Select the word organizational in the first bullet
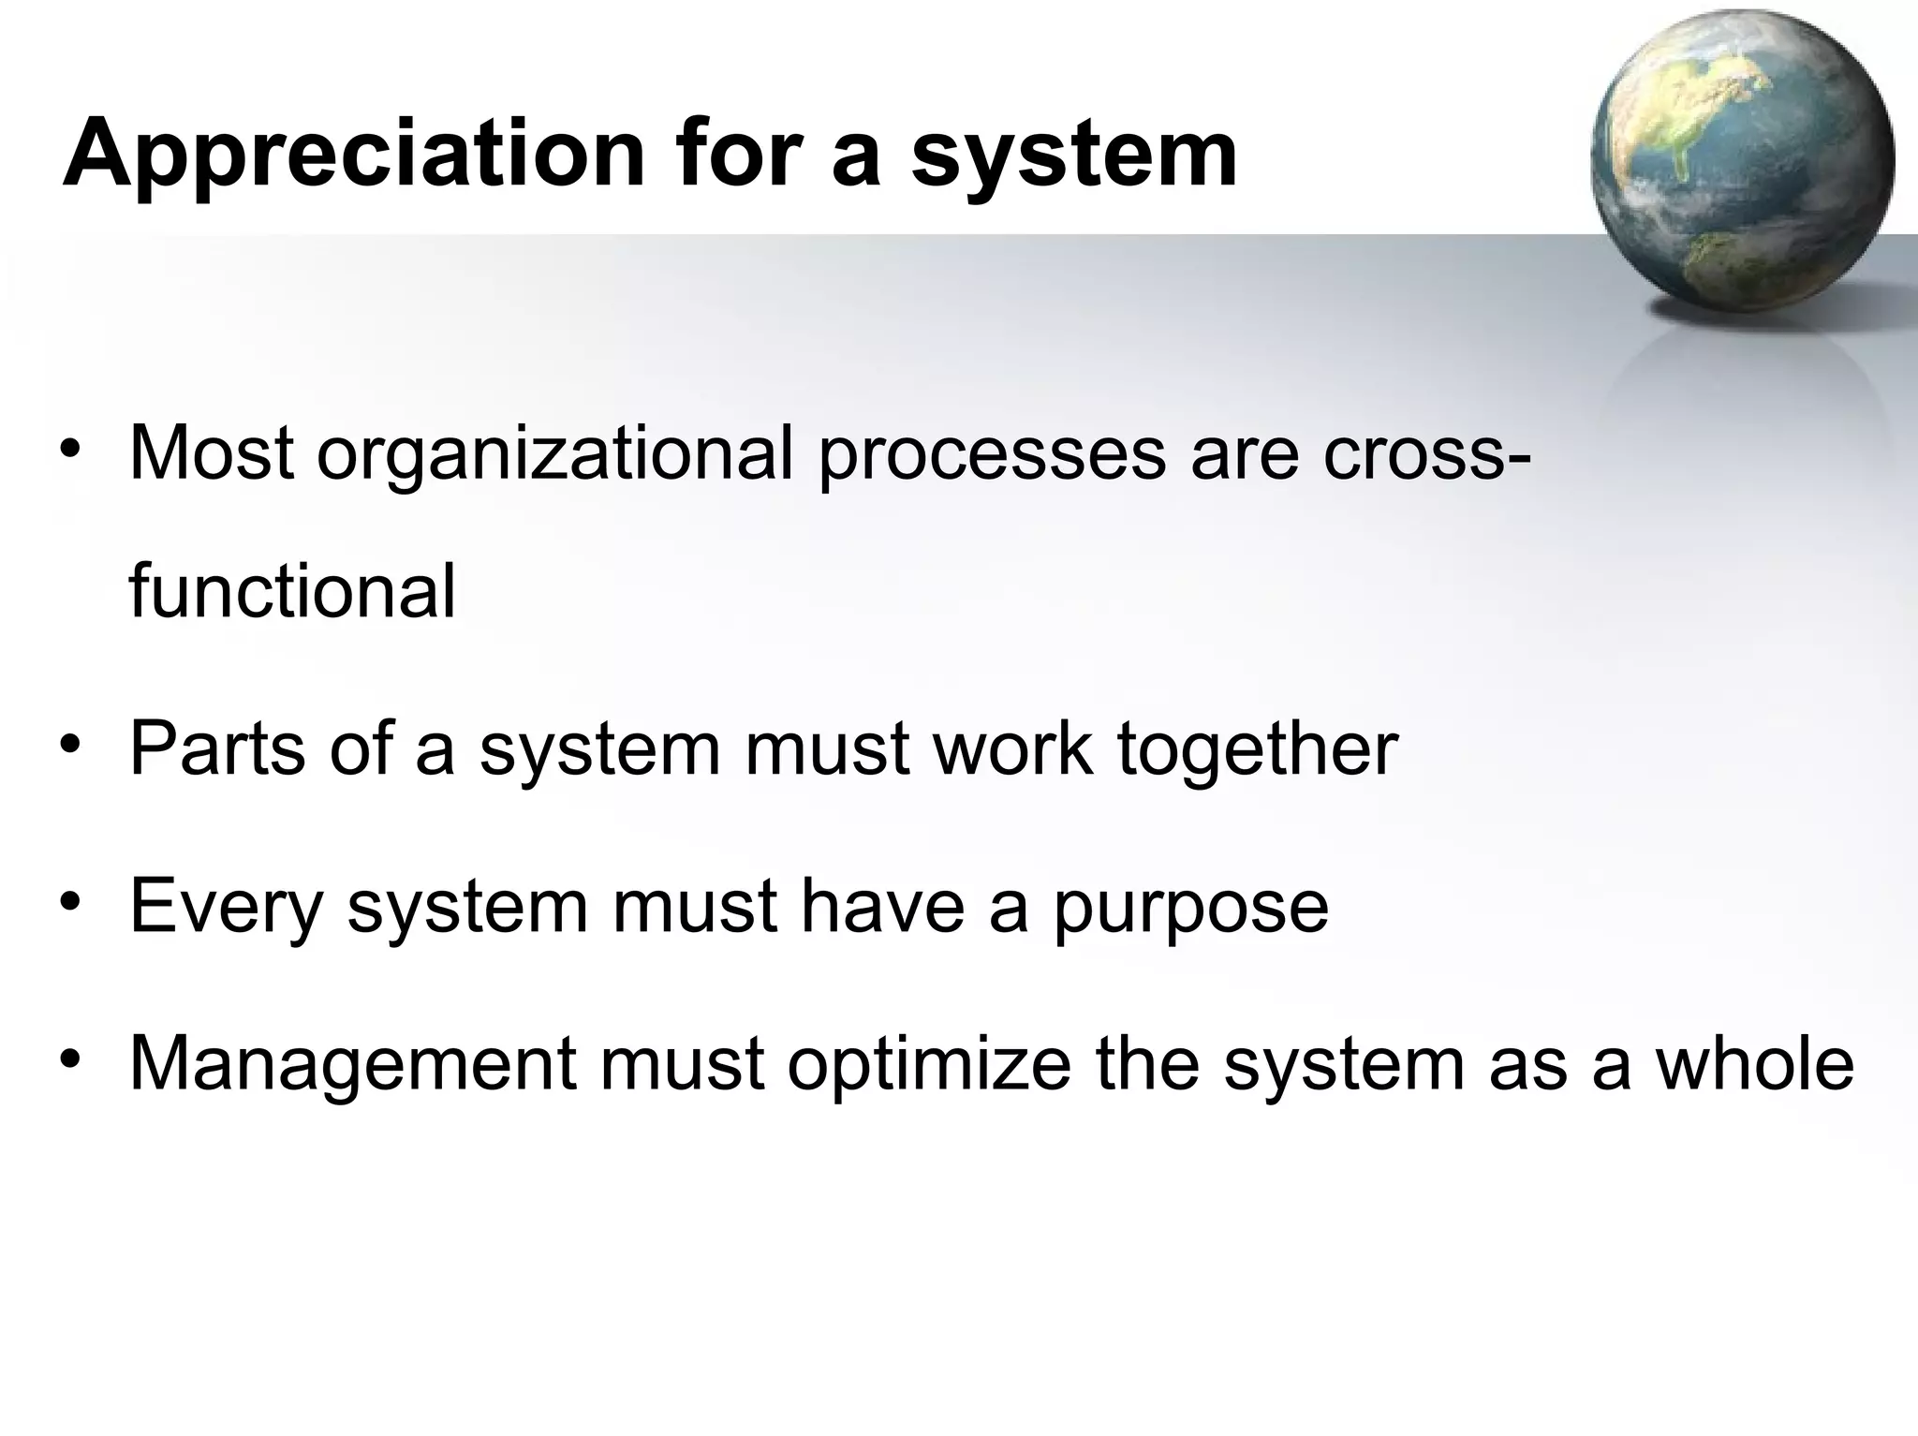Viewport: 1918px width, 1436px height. coord(554,453)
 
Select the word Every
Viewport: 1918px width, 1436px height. coord(226,907)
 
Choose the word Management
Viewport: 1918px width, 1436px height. coord(352,1065)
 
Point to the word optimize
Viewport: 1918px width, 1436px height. coord(928,1065)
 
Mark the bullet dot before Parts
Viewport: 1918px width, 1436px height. coord(69,748)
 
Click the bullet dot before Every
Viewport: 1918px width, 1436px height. coord(69,905)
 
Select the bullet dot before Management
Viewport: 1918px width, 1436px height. coord(69,1062)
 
